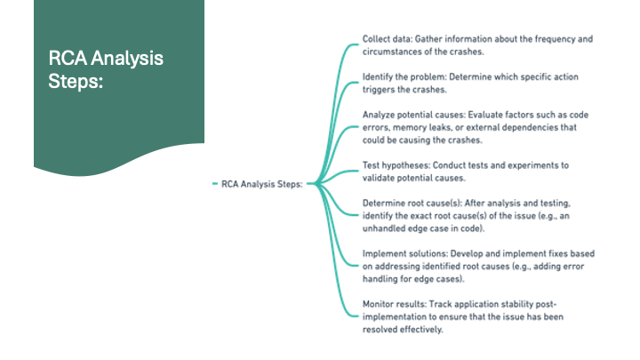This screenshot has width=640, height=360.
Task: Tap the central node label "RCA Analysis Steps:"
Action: pos(262,185)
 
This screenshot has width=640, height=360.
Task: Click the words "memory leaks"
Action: pos(425,128)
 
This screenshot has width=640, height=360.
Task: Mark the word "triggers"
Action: pos(383,90)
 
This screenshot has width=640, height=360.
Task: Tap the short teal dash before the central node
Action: pos(215,185)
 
